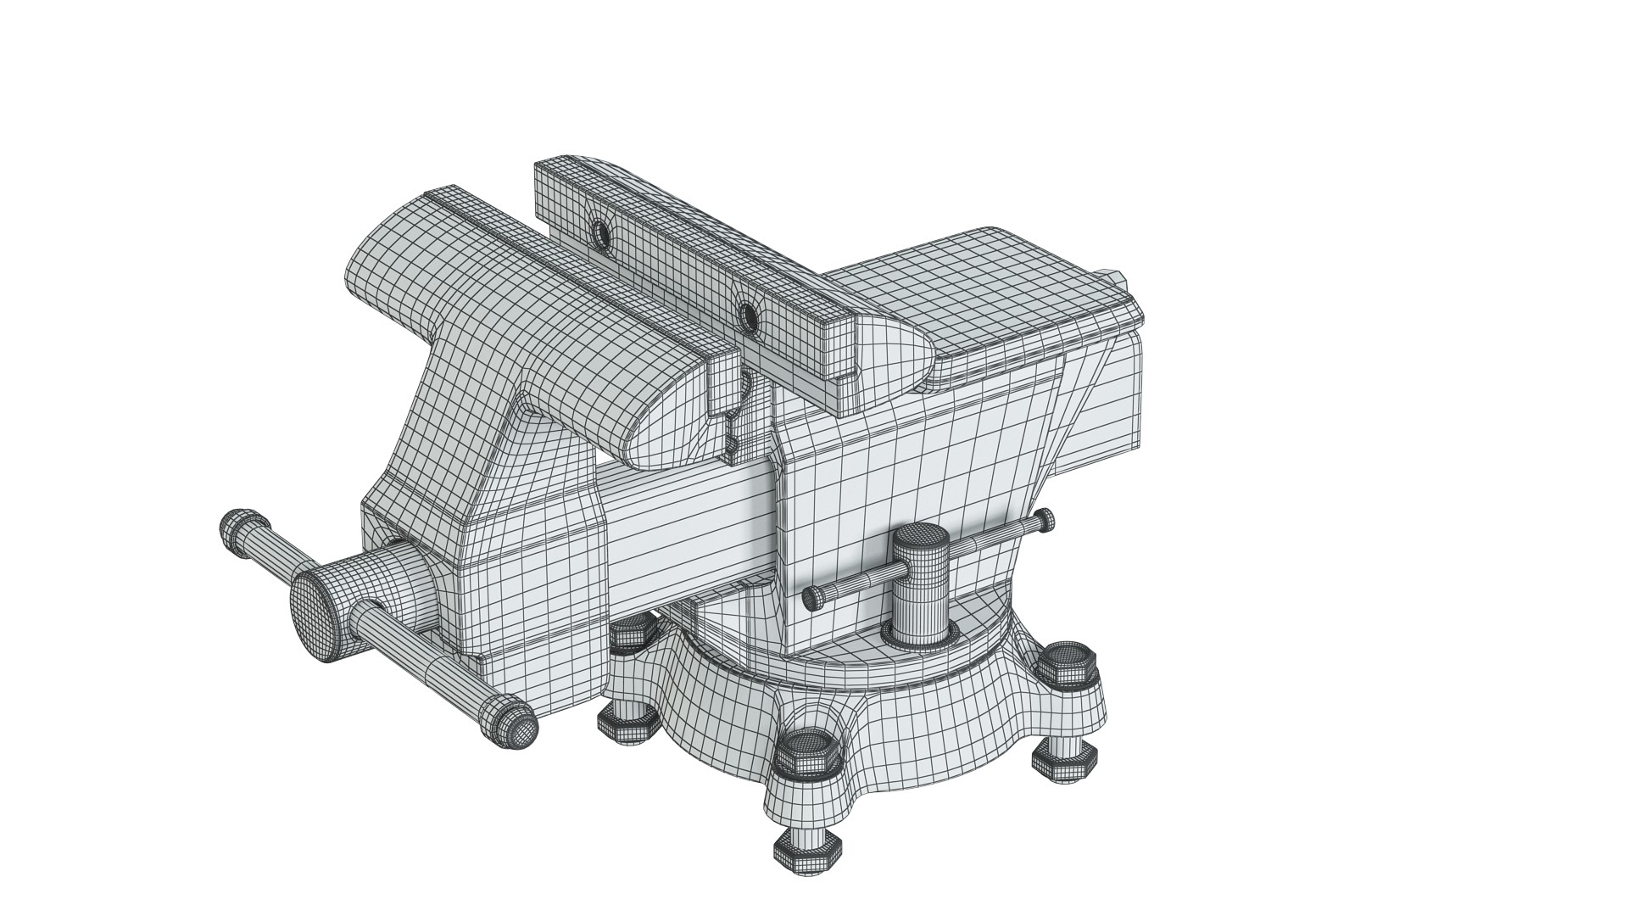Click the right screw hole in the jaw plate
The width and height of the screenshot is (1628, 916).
click(748, 316)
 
